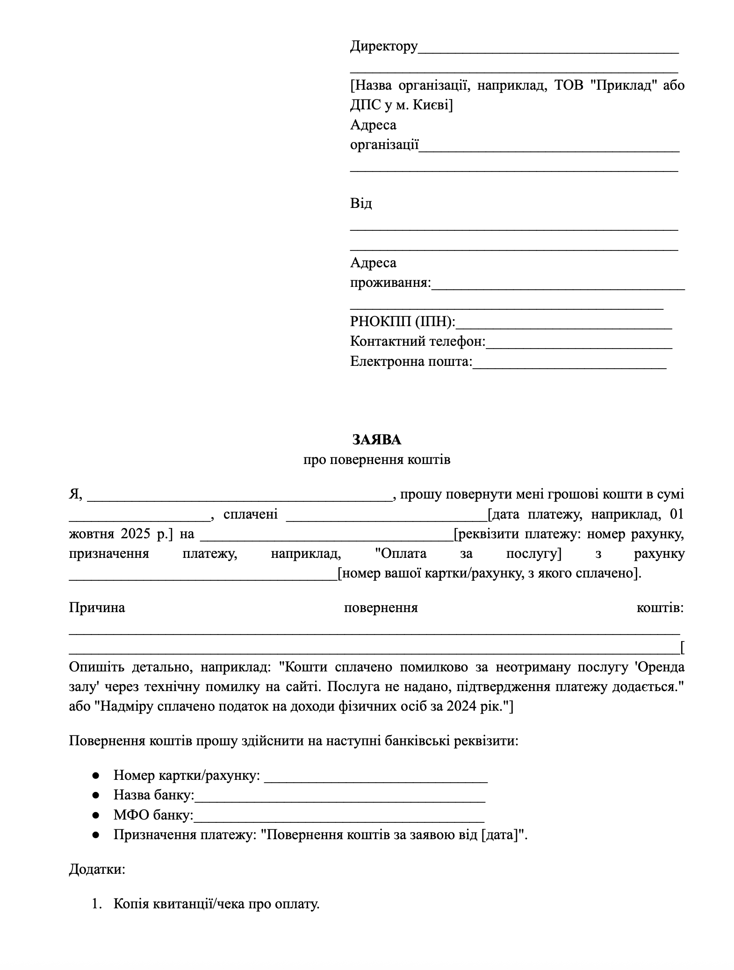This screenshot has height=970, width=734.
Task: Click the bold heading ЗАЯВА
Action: [376, 440]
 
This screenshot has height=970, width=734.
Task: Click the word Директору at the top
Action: [383, 46]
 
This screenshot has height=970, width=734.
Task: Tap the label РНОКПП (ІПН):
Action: [402, 321]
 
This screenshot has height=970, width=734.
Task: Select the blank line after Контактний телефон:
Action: [579, 343]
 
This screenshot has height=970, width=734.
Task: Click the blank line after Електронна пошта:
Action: [569, 363]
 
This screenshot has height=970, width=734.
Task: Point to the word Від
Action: [361, 204]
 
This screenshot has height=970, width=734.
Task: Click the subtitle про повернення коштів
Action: [376, 460]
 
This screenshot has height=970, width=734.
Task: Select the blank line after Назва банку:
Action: [339, 796]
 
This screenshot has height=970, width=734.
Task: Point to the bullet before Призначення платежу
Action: [96, 835]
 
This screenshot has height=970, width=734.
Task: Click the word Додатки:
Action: [97, 870]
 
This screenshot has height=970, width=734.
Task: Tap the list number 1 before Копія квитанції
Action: [96, 904]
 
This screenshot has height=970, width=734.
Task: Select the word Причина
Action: [97, 608]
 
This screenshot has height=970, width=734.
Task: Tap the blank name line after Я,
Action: [239, 496]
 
